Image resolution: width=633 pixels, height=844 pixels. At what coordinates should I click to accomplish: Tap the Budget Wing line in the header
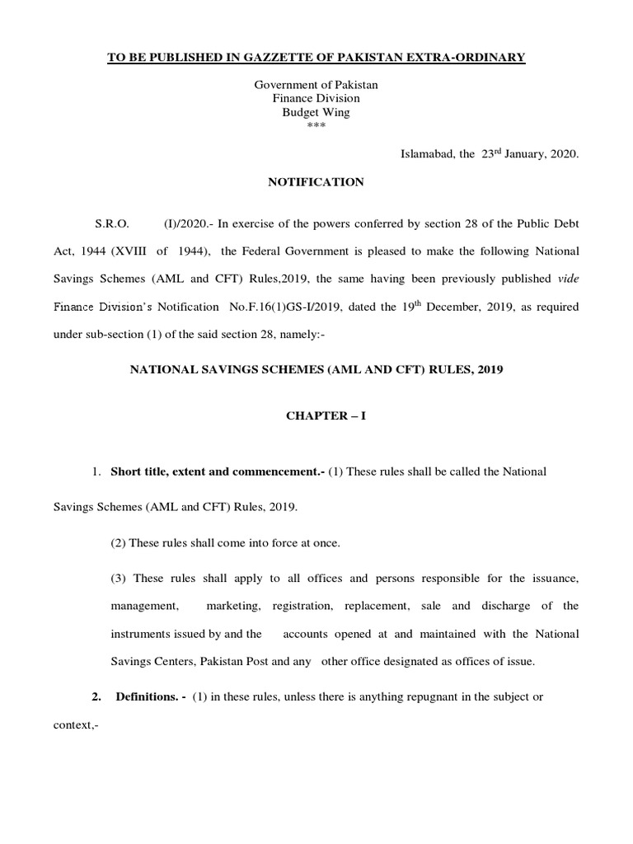pyautogui.click(x=316, y=111)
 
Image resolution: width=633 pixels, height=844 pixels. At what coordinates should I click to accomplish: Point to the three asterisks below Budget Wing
pyautogui.click(x=316, y=125)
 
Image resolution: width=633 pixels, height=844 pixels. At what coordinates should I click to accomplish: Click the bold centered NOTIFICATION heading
pyautogui.click(x=316, y=182)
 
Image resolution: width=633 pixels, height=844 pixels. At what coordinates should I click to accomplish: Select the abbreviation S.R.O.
pyautogui.click(x=112, y=223)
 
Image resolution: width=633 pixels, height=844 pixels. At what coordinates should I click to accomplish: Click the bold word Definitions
pyautogui.click(x=151, y=697)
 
